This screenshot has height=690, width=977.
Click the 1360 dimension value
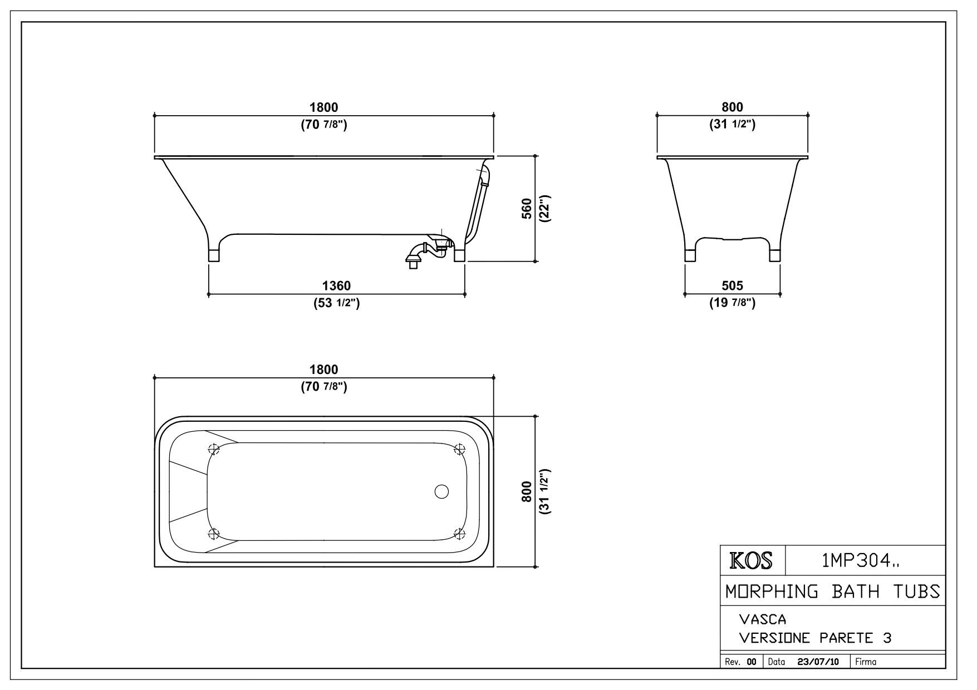click(337, 286)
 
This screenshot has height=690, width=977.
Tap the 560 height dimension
click(527, 209)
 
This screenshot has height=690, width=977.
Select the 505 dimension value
click(732, 286)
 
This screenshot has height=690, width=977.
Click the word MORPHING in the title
click(772, 591)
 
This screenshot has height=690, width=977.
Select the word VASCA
click(762, 619)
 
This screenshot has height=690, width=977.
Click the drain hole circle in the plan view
click(441, 492)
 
